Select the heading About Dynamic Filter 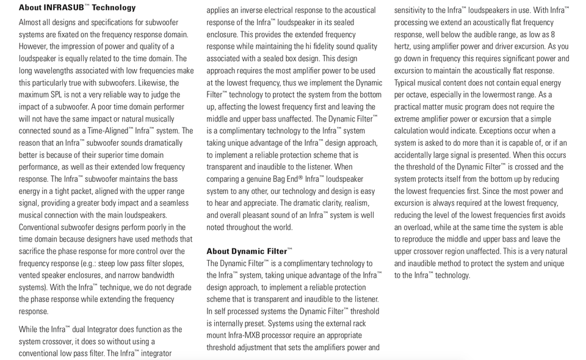(x=247, y=251)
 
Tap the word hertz (x=404, y=46)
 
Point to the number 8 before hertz (x=552, y=35)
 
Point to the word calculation (x=416, y=131)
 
